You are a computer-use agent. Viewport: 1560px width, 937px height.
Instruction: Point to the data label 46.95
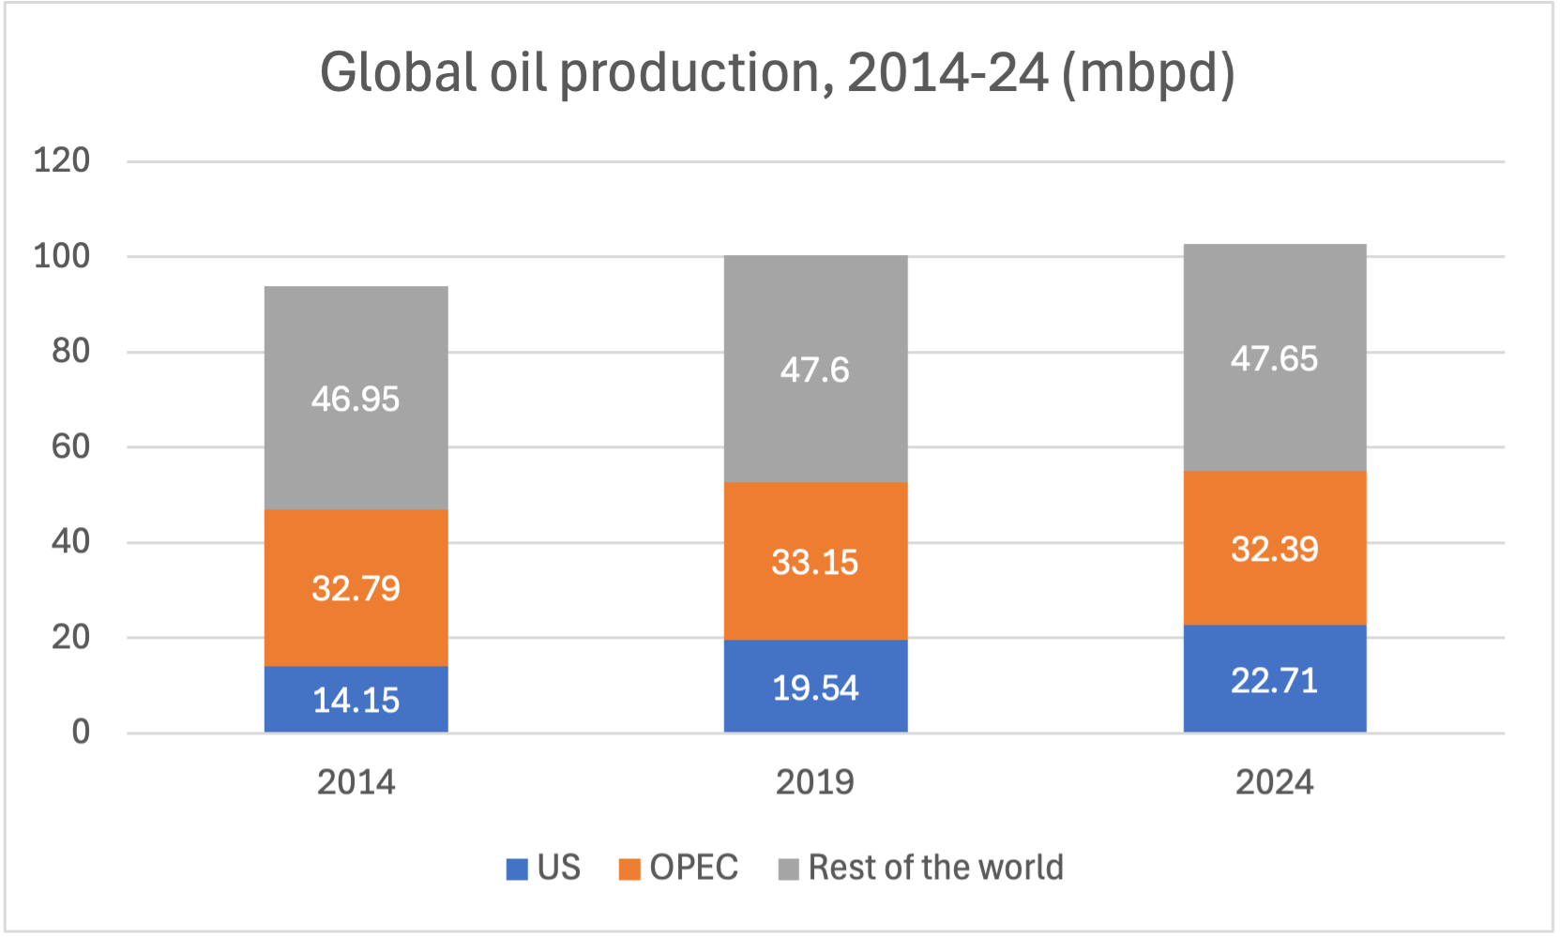click(356, 400)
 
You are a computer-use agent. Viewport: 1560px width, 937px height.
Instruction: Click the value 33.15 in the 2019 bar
click(814, 563)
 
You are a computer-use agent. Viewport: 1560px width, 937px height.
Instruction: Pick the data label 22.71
click(1274, 681)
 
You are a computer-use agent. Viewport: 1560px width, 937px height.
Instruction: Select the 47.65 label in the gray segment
click(1274, 359)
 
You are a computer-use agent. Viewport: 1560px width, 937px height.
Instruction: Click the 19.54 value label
click(814, 688)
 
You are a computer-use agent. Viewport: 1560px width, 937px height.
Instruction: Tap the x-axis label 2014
click(356, 782)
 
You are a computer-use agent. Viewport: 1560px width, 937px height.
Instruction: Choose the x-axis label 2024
click(1274, 782)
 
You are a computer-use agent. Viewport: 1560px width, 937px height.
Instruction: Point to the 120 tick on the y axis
click(62, 160)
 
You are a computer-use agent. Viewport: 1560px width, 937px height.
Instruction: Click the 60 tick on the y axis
click(70, 446)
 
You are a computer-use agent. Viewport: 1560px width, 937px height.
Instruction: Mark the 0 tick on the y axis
click(81, 733)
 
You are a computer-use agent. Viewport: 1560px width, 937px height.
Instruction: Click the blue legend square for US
click(517, 869)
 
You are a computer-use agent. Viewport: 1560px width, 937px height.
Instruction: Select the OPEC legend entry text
click(693, 868)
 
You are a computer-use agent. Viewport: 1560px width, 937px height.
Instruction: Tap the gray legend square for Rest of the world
click(789, 869)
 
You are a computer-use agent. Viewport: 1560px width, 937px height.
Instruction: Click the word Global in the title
click(398, 72)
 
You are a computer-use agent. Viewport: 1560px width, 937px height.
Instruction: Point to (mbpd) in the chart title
click(1147, 74)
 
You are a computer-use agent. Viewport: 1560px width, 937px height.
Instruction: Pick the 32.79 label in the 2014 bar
click(356, 589)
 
